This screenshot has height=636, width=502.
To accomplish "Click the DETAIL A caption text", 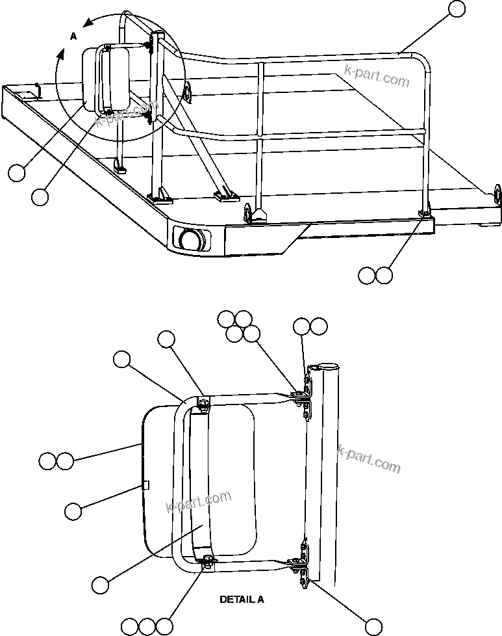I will (242, 599).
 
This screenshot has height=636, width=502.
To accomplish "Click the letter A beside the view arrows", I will (73, 37).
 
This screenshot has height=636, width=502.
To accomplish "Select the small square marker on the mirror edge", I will (146, 484).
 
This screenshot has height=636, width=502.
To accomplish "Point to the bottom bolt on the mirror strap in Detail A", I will (208, 561).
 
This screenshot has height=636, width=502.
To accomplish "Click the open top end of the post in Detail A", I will (324, 367).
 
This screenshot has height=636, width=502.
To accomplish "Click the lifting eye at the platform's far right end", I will (497, 193).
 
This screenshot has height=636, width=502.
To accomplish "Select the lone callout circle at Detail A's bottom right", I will (373, 626).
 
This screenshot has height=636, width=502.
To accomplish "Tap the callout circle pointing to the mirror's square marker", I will (73, 512).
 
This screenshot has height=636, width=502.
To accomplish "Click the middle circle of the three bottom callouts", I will (147, 626).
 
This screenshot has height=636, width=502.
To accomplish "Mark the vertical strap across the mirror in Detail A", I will (201, 481).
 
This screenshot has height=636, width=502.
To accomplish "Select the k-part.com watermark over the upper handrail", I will (377, 77).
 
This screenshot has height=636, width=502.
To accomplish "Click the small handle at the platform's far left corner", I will (37, 88).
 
